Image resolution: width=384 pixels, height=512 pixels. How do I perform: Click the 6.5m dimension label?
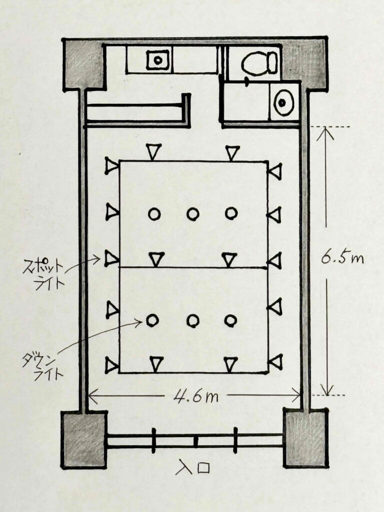342,258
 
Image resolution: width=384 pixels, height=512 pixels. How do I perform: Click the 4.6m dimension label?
195,396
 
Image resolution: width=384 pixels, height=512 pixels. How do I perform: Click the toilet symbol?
260,63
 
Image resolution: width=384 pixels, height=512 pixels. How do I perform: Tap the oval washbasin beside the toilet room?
283,102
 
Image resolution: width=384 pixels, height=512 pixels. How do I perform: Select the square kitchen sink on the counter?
158,60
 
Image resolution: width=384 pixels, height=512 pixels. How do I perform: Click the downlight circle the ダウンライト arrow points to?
152,320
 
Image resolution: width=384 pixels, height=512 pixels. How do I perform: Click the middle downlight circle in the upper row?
192,214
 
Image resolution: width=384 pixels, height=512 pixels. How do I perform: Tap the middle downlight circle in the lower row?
193,321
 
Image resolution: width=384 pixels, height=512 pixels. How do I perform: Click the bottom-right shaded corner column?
305,438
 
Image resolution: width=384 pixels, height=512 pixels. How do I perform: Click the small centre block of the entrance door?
196,441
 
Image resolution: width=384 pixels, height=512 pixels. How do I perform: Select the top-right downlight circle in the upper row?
231,213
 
